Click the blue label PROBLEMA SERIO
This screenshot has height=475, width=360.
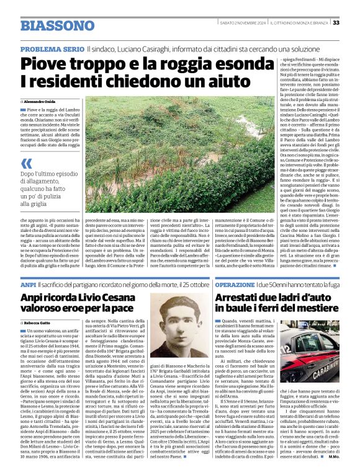pyautogui.click(x=52, y=49)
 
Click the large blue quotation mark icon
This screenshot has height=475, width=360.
pyautogui.click(x=26, y=163)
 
